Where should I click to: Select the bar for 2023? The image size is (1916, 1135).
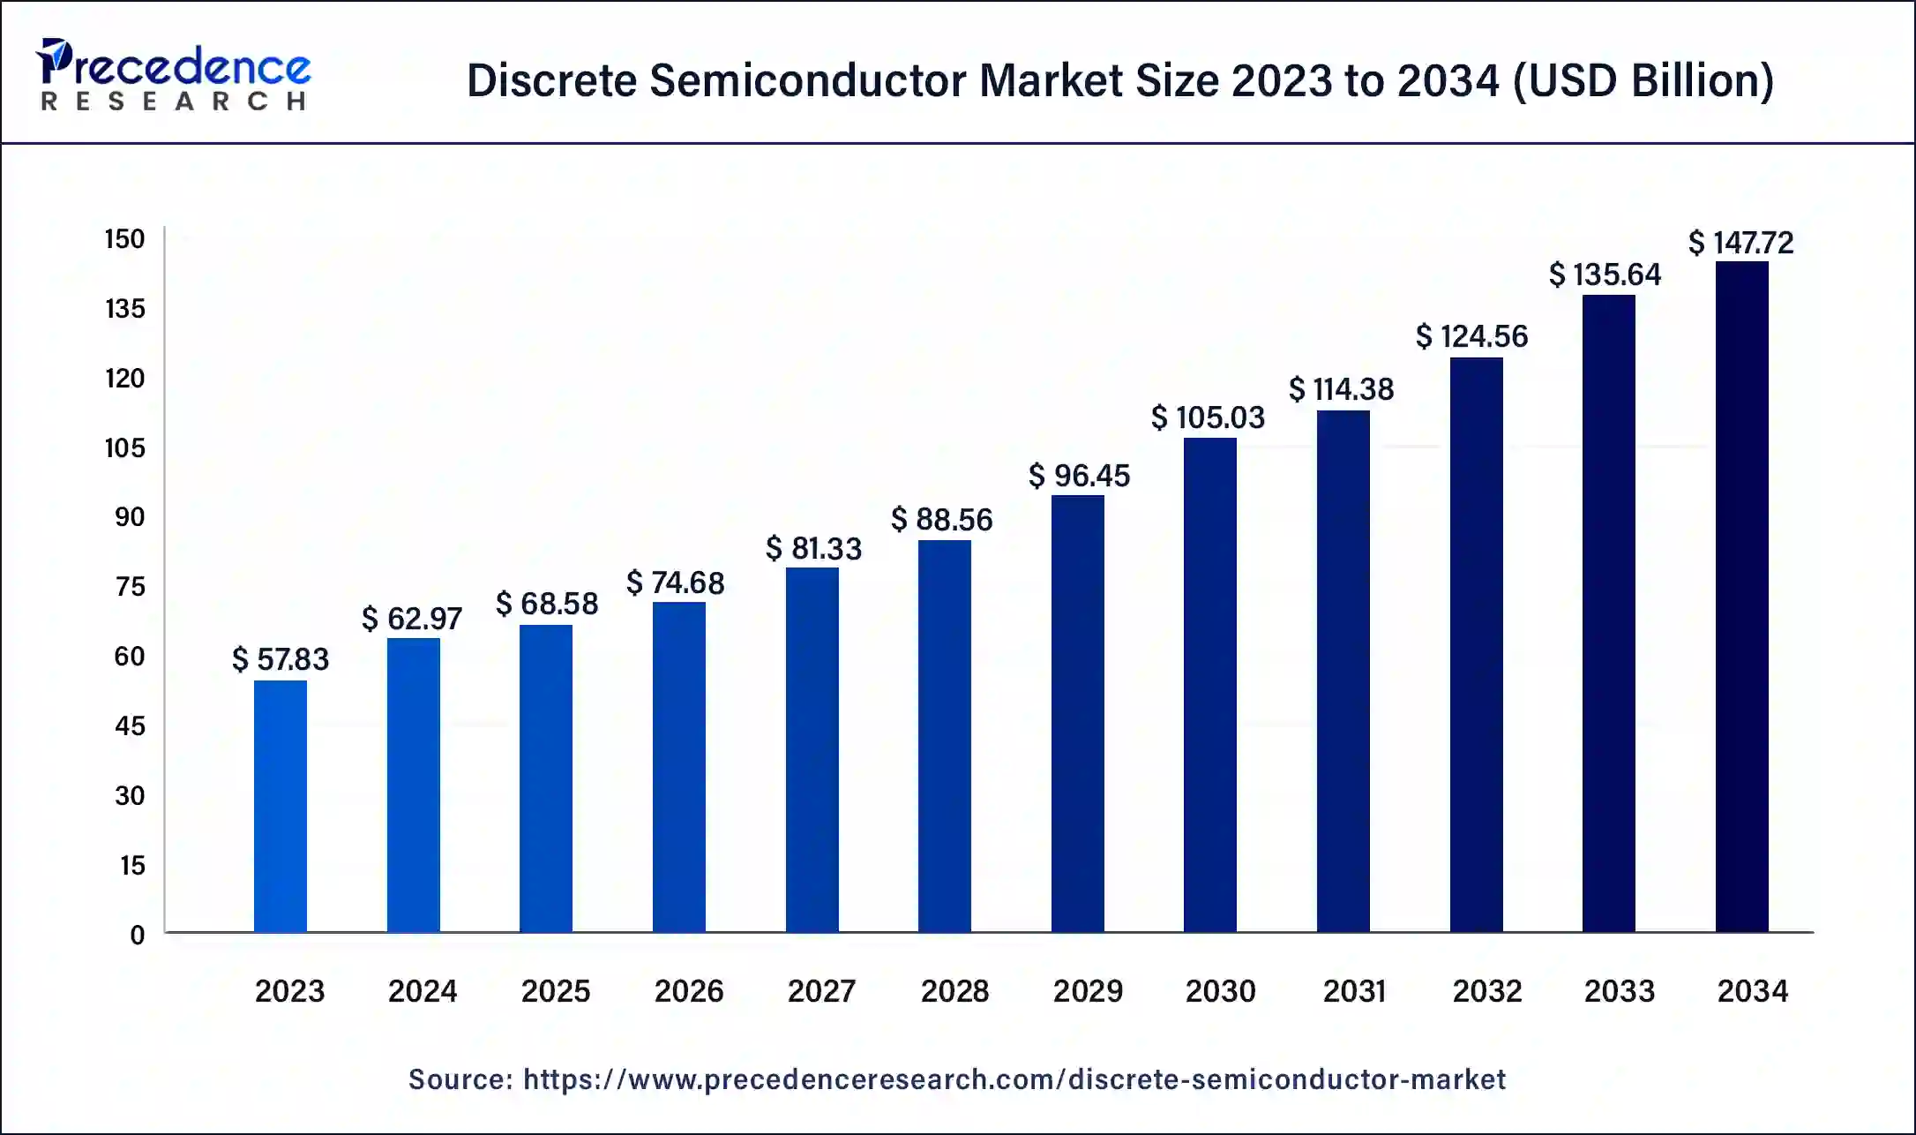click(281, 806)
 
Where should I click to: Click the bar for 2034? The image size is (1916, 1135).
click(1741, 597)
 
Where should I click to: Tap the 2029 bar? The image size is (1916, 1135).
click(1077, 713)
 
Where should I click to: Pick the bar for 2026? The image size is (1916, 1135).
click(679, 766)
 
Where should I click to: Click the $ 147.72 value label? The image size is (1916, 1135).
click(1740, 243)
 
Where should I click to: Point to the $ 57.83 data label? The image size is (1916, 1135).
click(281, 659)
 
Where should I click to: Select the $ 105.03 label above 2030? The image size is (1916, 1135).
click(1208, 417)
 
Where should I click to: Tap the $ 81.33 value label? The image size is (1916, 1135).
click(813, 549)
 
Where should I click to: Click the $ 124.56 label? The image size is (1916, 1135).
click(1471, 336)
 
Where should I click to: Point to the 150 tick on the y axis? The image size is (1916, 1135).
click(124, 239)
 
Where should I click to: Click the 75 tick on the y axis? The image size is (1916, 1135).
click(130, 587)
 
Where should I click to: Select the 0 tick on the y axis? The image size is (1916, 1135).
click(138, 935)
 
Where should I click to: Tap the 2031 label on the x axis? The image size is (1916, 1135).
click(1354, 991)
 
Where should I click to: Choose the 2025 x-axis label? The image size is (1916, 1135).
click(555, 991)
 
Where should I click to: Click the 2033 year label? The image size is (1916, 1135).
click(1619, 991)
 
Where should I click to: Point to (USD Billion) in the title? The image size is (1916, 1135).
click(1643, 80)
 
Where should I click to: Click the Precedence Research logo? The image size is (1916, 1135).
click(173, 75)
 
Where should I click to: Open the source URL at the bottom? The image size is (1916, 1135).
click(1014, 1079)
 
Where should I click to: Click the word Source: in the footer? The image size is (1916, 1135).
click(460, 1079)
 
